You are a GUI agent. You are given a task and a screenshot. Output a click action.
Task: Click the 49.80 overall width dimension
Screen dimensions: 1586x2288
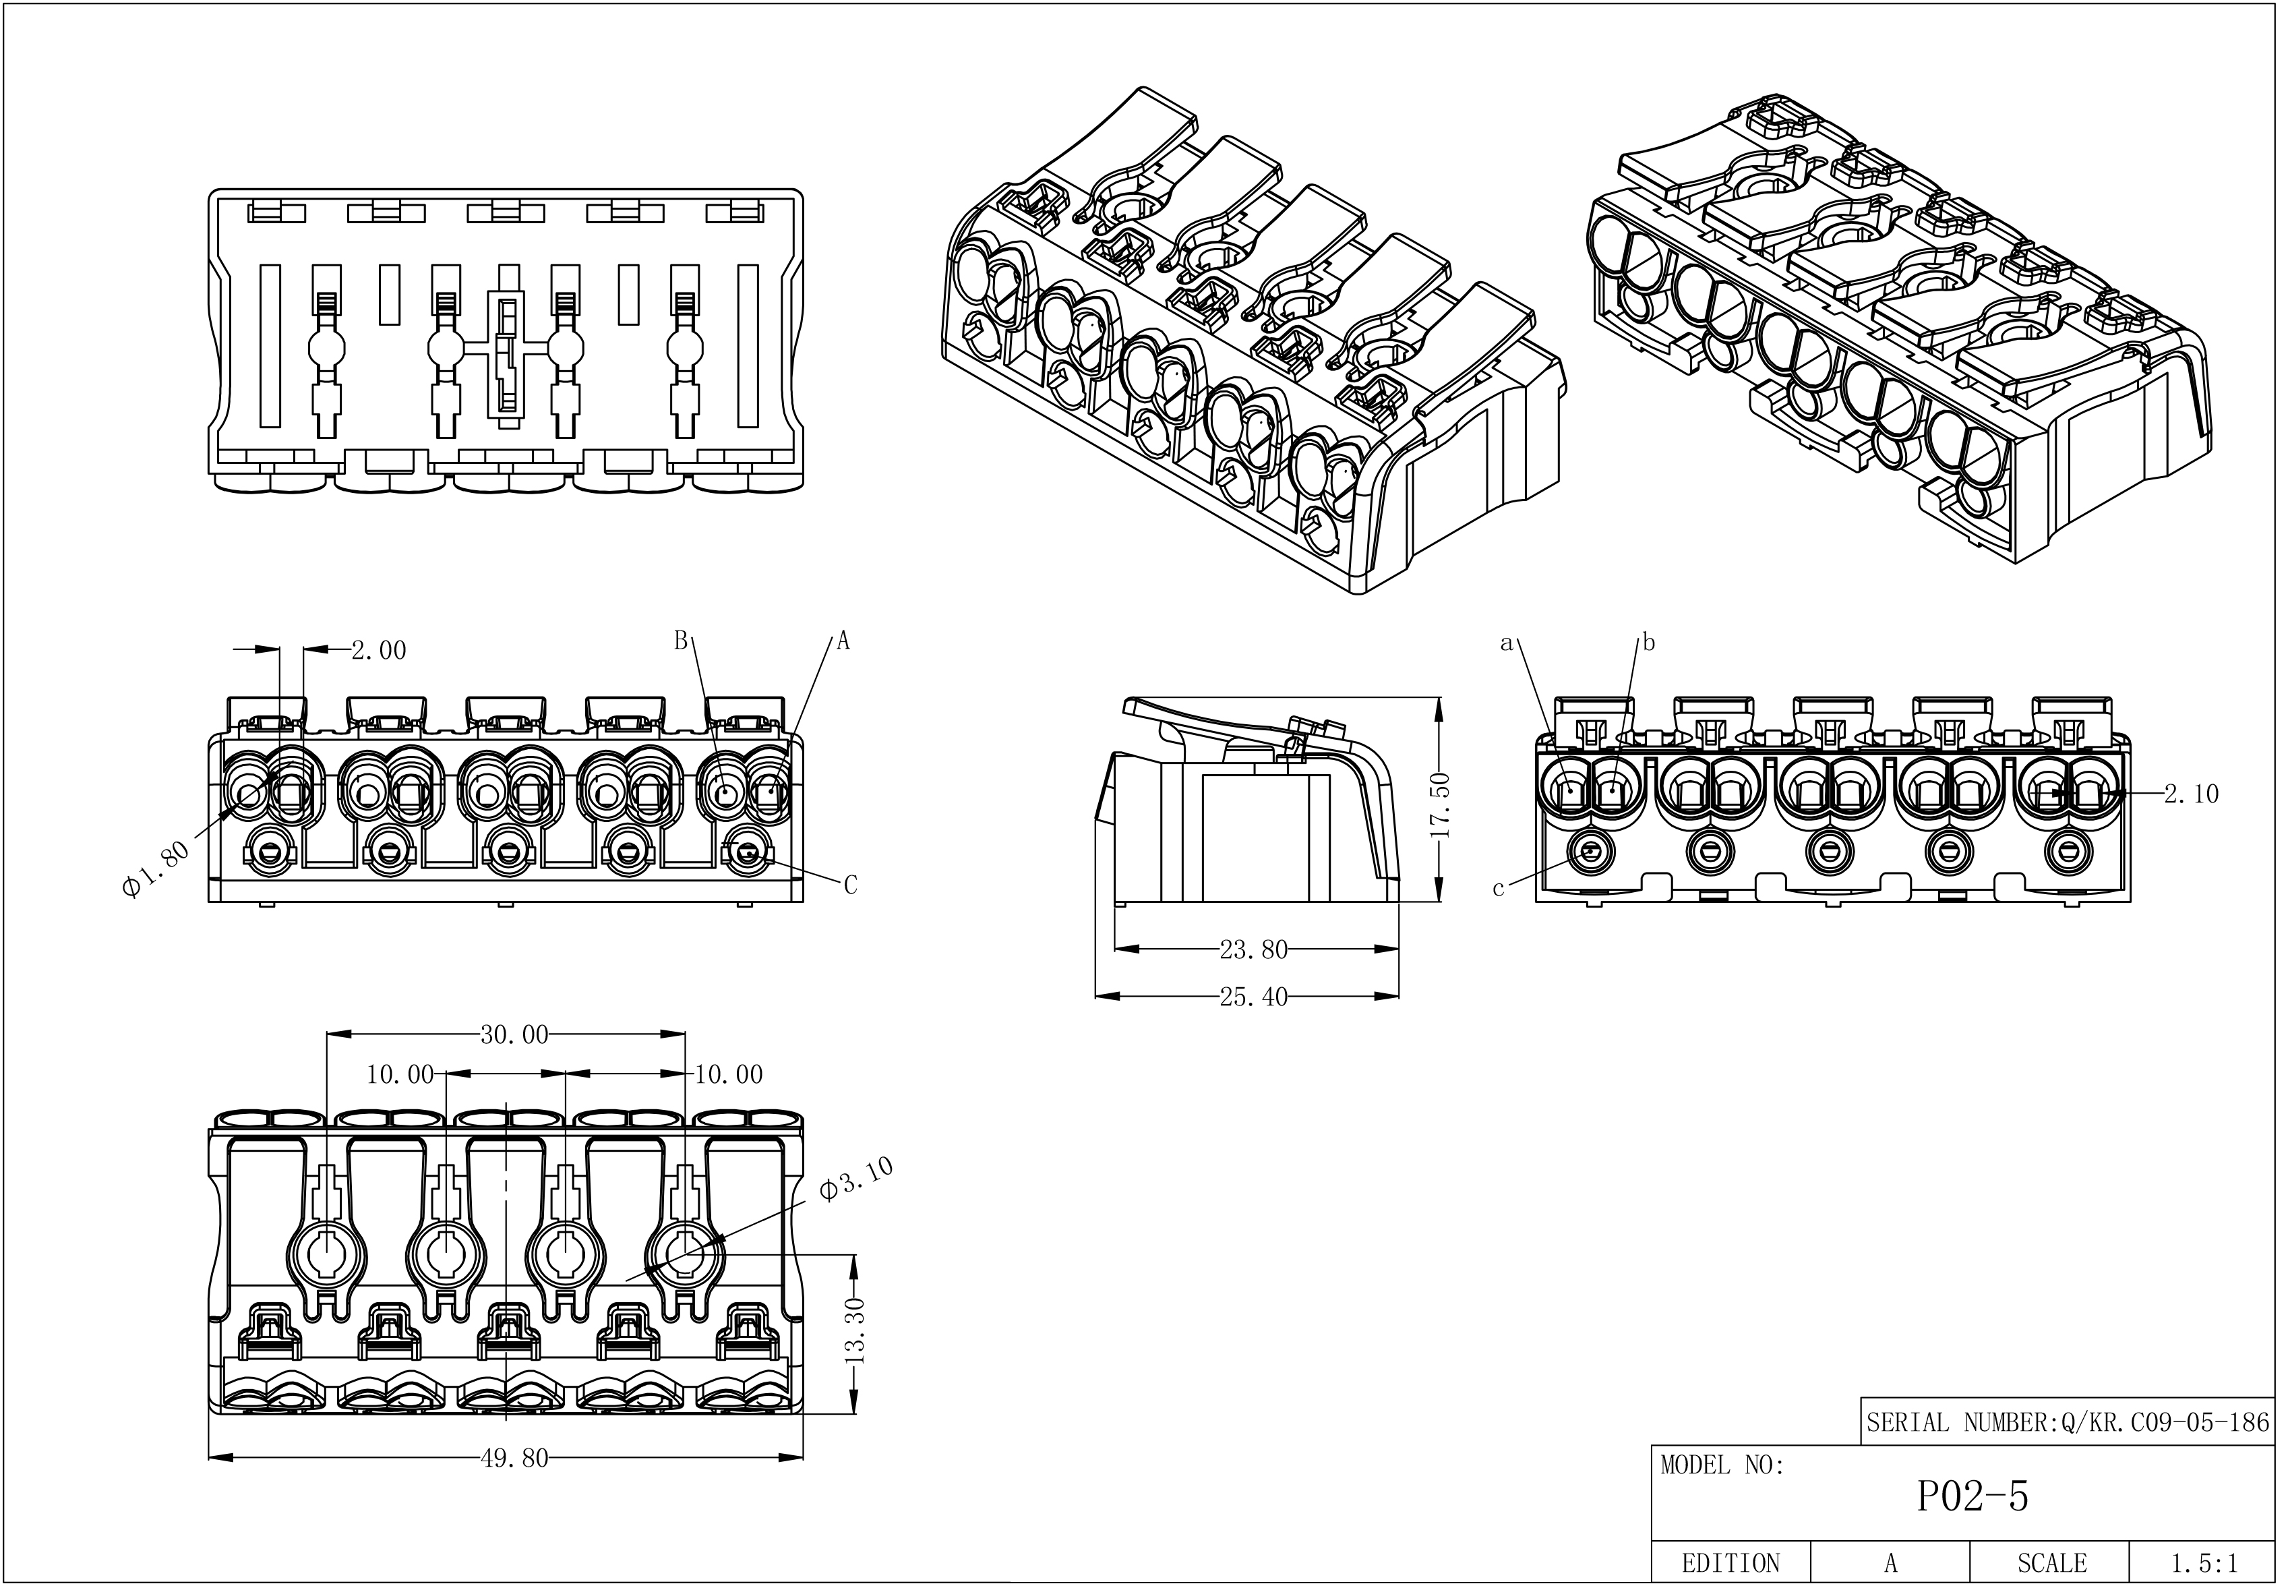(x=514, y=1458)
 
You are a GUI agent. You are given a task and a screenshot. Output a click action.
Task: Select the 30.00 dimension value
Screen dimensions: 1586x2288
(x=514, y=1034)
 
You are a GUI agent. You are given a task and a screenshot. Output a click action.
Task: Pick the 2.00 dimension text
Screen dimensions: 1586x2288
(x=378, y=651)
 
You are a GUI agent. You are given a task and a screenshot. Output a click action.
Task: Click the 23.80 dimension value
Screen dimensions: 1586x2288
(x=1253, y=950)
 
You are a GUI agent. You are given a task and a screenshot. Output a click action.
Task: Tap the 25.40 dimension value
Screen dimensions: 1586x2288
(x=1253, y=997)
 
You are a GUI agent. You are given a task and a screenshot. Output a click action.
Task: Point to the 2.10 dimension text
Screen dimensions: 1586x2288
(x=2191, y=794)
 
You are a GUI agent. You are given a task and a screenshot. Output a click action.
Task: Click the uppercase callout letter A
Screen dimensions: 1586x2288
(x=843, y=642)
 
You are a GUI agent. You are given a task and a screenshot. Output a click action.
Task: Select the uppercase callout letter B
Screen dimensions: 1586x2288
(x=681, y=641)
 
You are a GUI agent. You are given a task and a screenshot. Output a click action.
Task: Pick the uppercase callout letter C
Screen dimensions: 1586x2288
(x=851, y=885)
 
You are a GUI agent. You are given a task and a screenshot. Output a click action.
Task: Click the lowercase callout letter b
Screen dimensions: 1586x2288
(x=1649, y=643)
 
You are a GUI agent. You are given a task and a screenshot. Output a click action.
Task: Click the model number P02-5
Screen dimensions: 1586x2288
(x=1971, y=1496)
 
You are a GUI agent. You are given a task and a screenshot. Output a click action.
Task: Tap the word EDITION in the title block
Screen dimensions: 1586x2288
(x=1730, y=1563)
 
